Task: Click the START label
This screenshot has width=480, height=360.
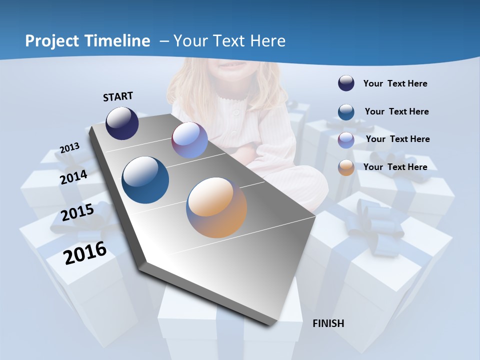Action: (118, 96)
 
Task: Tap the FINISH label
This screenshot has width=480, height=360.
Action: (328, 323)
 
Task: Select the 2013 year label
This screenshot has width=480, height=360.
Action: (70, 148)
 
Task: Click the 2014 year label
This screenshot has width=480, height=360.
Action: (74, 177)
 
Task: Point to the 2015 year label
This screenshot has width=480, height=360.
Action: (77, 212)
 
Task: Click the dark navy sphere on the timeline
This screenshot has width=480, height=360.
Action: (122, 123)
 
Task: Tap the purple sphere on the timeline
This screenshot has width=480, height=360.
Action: (189, 140)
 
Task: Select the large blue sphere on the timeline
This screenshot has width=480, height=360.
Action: (145, 180)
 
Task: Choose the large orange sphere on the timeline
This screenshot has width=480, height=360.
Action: (216, 207)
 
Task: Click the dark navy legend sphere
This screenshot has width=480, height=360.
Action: (346, 83)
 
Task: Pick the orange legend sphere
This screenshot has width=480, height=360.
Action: (346, 167)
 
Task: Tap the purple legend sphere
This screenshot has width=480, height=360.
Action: (346, 140)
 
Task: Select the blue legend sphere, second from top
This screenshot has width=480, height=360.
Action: (346, 112)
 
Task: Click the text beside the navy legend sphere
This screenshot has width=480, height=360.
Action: (395, 83)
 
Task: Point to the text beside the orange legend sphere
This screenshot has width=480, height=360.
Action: (395, 167)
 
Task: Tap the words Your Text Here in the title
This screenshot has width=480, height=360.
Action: (229, 41)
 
